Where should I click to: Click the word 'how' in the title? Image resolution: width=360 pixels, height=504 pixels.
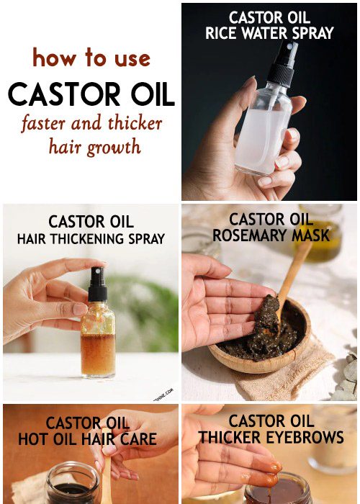click(x=54, y=58)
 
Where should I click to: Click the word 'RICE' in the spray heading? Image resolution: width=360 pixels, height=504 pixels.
click(x=222, y=33)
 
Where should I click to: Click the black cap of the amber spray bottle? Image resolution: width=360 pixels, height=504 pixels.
click(x=97, y=284)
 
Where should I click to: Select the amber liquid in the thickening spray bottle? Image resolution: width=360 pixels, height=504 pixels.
click(x=98, y=354)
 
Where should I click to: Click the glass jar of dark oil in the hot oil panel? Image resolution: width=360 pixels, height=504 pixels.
click(x=73, y=483)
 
